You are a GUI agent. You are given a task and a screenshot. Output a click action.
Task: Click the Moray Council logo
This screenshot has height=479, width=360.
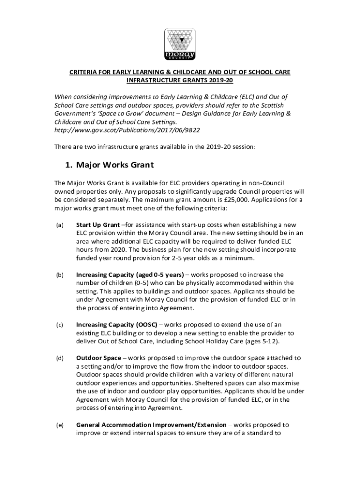click(x=180, y=44)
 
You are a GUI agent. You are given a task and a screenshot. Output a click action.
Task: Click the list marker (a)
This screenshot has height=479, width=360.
click(x=59, y=225)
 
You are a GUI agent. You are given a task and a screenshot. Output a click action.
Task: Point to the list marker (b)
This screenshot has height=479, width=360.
click(x=59, y=275)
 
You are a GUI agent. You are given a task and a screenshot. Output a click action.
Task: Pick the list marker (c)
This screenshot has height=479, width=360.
click(x=59, y=324)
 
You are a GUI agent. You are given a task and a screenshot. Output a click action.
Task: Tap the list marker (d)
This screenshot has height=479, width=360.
click(x=59, y=358)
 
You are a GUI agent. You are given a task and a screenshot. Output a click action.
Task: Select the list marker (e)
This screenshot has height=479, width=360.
click(x=59, y=425)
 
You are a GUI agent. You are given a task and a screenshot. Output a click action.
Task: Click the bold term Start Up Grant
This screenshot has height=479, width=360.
click(x=96, y=225)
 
